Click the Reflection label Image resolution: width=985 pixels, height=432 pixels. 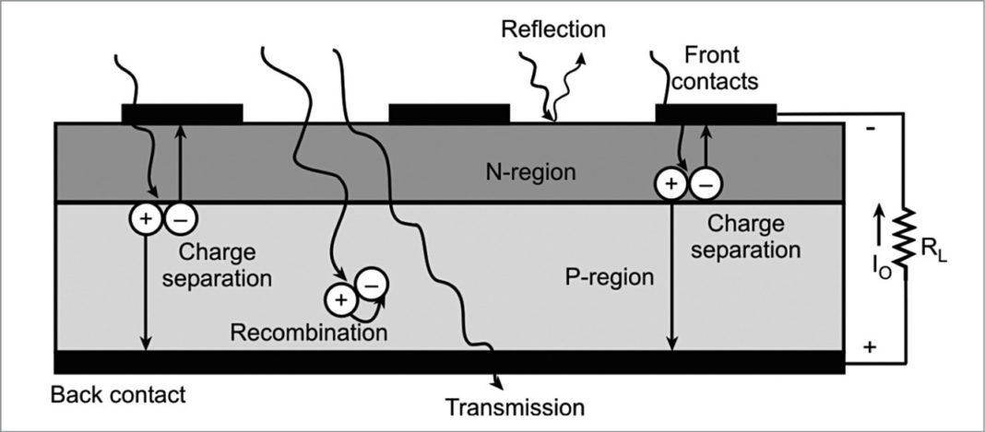pyautogui.click(x=553, y=29)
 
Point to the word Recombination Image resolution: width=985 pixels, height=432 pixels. pyautogui.click(x=309, y=333)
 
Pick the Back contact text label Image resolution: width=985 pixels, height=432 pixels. pyautogui.click(x=118, y=396)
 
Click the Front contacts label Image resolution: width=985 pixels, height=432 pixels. pyautogui.click(x=715, y=67)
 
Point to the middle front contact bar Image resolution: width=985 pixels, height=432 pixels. pyautogui.click(x=449, y=113)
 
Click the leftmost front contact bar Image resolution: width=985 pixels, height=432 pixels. pyautogui.click(x=182, y=113)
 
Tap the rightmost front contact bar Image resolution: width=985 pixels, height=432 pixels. pyautogui.click(x=716, y=113)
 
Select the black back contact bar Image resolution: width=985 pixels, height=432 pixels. pyautogui.click(x=449, y=362)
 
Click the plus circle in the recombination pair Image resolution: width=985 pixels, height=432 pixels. pyautogui.click(x=338, y=300)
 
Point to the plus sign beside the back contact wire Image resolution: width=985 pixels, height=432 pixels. pyautogui.click(x=870, y=347)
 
